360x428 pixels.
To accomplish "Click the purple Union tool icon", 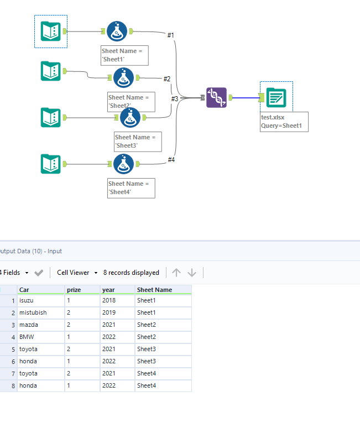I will tap(216, 98).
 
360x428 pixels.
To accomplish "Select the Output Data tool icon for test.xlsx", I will tap(275, 97).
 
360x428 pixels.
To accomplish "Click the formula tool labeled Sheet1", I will tap(117, 32).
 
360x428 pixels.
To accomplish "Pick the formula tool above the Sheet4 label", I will tap(123, 164).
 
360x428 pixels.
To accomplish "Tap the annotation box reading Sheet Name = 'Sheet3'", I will tap(138, 142).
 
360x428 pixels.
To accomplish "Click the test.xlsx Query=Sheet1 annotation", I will tap(284, 122).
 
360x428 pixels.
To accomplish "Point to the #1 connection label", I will tap(171, 35).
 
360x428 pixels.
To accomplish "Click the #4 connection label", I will tap(171, 160).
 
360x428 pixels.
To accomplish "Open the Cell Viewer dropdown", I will tap(77, 273).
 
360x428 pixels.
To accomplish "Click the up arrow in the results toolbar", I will tap(176, 273).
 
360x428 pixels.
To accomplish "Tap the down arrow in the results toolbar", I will tap(192, 273).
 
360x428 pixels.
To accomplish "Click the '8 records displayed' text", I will tap(131, 273).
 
